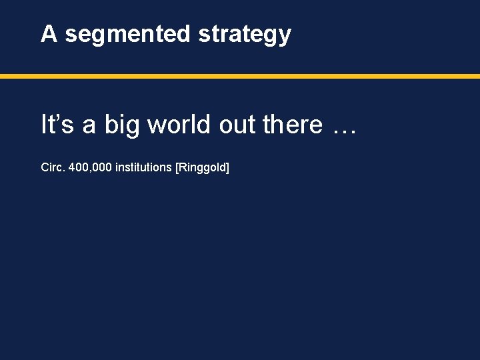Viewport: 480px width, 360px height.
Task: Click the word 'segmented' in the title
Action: point(127,34)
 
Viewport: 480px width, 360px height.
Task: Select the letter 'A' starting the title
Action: point(49,33)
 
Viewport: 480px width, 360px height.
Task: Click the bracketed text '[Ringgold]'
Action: point(202,168)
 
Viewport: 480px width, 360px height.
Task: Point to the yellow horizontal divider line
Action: point(240,76)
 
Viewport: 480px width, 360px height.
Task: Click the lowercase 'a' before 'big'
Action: point(89,127)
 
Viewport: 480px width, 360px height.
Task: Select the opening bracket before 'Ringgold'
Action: point(177,168)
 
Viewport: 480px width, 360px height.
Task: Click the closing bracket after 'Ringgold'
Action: point(227,168)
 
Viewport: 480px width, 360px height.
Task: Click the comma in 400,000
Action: point(88,171)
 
